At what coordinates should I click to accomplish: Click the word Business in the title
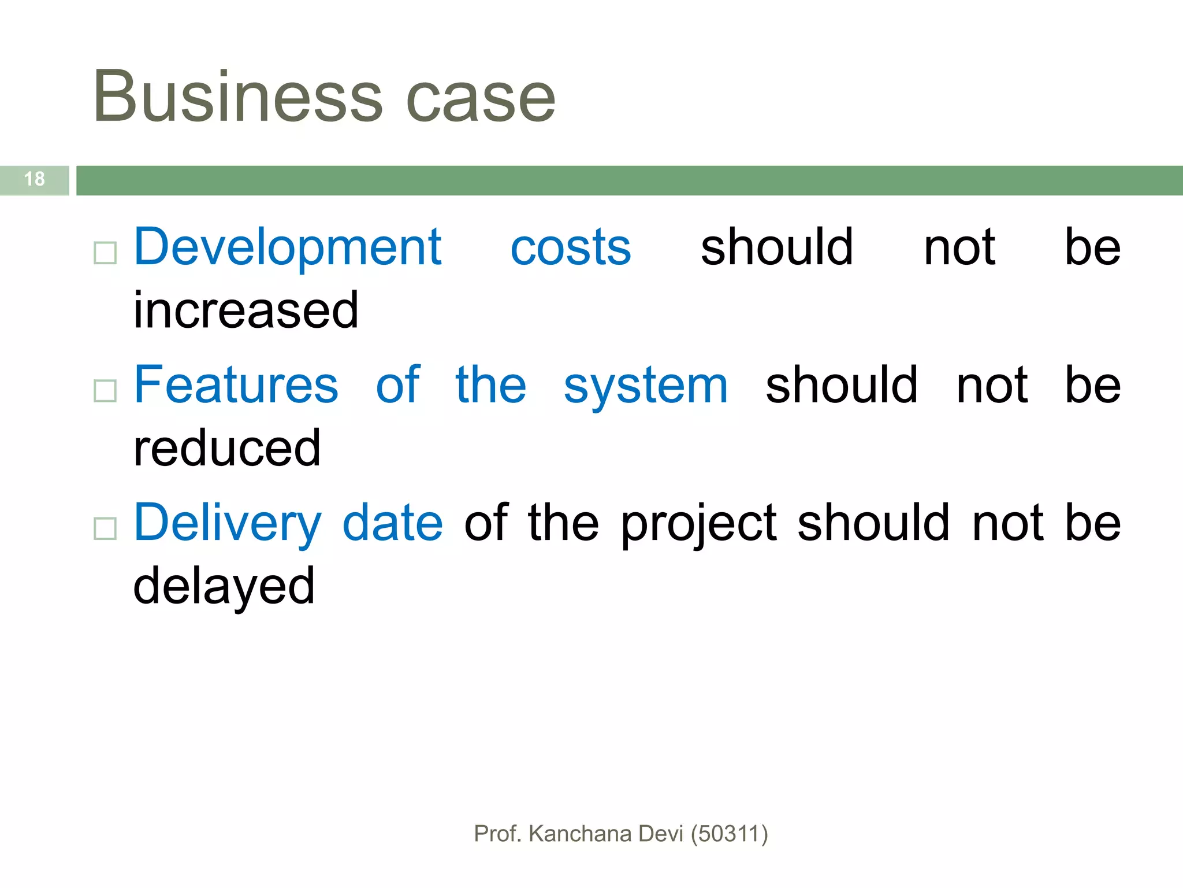pos(237,97)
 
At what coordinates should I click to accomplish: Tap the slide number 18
pos(35,179)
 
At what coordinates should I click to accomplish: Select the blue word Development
pos(288,249)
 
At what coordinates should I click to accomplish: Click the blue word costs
pos(571,249)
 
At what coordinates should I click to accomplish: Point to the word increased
pos(246,311)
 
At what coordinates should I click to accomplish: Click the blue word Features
pos(236,386)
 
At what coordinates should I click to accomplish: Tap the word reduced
pos(227,449)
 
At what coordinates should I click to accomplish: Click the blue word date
pos(393,523)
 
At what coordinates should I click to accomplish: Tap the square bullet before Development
pos(105,253)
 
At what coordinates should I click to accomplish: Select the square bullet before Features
pos(105,391)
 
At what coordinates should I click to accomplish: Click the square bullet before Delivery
pos(105,528)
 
